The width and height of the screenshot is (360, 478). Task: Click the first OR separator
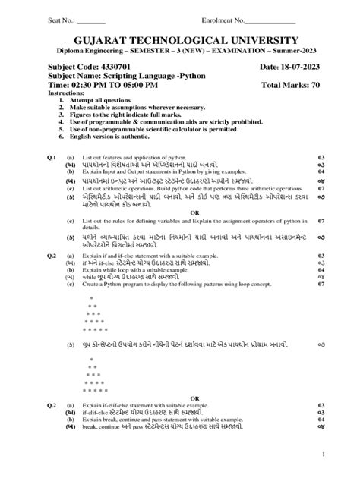point(194,212)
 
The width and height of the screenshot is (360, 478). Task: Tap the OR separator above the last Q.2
point(194,397)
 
